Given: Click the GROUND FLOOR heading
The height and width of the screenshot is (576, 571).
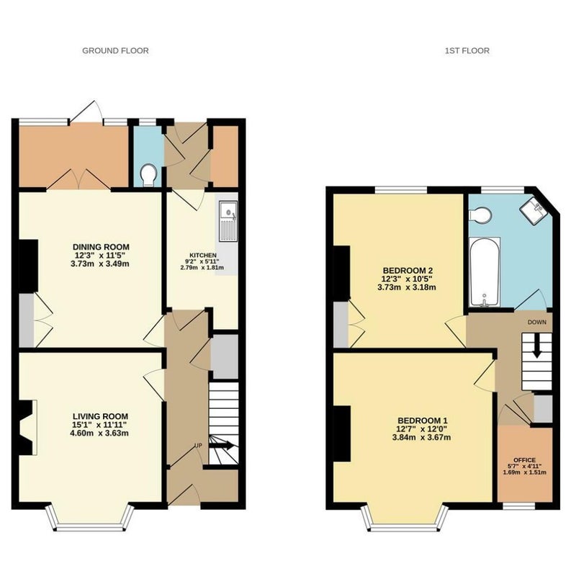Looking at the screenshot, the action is (115, 50).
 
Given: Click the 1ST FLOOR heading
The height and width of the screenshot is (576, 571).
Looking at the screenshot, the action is (467, 50).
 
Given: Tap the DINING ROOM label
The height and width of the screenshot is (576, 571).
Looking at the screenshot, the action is (101, 247).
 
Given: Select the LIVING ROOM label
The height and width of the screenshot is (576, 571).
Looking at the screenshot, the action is (100, 416).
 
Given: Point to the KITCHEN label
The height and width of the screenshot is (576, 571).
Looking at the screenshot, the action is (203, 256).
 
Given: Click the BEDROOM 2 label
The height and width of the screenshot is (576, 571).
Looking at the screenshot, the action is (407, 271).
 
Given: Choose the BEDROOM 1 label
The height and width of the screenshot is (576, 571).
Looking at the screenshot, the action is (423, 420).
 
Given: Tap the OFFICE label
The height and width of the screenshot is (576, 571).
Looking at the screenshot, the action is (524, 460).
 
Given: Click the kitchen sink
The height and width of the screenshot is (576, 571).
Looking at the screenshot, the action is (228, 221).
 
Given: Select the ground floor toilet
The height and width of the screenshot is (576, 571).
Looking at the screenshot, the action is (149, 175).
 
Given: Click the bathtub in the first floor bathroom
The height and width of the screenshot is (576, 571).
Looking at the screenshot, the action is (485, 272).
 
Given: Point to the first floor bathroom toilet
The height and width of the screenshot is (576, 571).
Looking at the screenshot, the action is (480, 215).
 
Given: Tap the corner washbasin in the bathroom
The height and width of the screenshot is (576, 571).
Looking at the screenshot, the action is (533, 210).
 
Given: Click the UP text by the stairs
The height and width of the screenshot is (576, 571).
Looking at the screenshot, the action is (198, 446).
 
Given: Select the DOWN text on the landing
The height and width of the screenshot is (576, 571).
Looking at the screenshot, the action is (537, 322).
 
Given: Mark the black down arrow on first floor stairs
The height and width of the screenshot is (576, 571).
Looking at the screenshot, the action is (537, 346).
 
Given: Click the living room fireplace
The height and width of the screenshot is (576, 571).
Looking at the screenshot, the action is (28, 428).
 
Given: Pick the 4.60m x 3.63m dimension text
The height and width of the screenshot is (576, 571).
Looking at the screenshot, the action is (99, 433).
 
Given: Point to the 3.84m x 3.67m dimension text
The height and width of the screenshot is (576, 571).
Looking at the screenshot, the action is (421, 438).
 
